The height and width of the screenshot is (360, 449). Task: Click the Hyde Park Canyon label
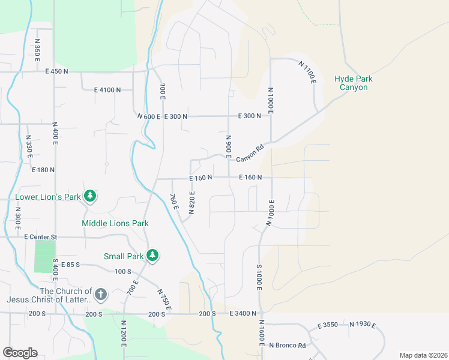[353, 83]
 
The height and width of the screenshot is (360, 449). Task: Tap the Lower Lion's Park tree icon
[89, 196]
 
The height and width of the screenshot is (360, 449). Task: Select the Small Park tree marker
[152, 256]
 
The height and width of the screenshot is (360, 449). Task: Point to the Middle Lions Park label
[115, 223]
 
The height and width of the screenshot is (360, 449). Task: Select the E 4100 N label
[107, 89]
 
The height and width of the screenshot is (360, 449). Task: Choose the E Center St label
[40, 237]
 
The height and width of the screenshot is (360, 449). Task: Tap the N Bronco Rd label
[288, 345]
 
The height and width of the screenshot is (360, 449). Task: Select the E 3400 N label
[243, 313]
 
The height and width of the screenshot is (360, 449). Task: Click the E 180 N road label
[43, 170]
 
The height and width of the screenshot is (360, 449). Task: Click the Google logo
[20, 353]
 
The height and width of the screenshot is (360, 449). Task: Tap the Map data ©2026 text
[423, 355]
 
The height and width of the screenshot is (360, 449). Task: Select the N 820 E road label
[192, 202]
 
